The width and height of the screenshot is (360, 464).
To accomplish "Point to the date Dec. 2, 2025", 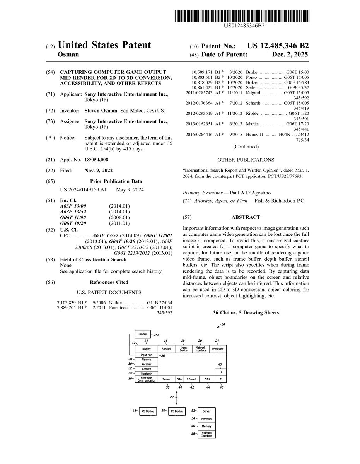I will pos(290,55).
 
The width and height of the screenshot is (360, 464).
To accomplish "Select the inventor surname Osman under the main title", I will pos(68,55).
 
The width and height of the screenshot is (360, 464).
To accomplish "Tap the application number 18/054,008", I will pos(97,160).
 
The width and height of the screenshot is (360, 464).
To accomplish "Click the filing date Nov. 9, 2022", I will pos(99,171).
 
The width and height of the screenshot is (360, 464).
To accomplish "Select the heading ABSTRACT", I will pos(246,217).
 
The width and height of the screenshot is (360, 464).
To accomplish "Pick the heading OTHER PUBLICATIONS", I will pos(246,160).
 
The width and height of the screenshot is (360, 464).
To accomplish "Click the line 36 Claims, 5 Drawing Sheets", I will pos(246,312).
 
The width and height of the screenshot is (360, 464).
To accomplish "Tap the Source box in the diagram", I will pos(142,333).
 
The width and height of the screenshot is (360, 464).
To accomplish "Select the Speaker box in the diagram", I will pos(166,349).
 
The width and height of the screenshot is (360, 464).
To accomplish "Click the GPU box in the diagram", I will pos(207,379).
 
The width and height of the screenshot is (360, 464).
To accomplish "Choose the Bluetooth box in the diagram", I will pos(147,374).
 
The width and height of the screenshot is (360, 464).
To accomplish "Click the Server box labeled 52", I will pos(206,411).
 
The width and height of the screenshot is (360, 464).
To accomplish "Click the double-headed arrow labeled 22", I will pos(176,398).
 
